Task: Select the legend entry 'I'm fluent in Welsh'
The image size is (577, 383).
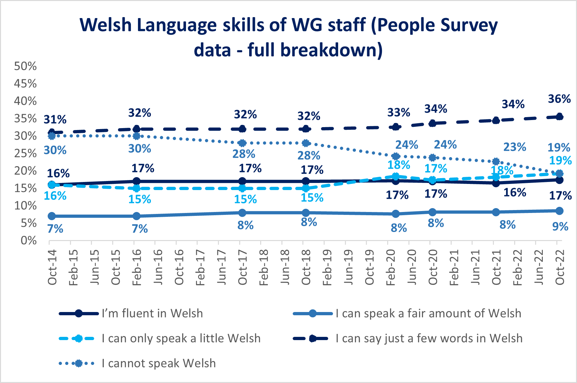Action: [152, 313]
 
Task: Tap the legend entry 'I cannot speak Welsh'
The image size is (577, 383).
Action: [159, 363]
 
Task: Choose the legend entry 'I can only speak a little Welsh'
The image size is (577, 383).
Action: [181, 338]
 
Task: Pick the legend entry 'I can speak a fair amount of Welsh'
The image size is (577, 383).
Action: [428, 313]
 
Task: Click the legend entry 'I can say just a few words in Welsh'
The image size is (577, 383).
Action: [429, 338]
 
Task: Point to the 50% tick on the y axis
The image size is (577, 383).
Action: [25, 66]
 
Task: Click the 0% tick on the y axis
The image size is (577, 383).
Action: [28, 240]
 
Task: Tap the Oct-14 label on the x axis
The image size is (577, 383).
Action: [52, 267]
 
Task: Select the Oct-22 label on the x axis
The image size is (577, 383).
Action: [560, 267]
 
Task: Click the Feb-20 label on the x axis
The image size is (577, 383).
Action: [391, 267]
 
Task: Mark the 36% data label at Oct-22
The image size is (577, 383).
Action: [559, 99]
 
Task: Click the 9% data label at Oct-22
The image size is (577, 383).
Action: [560, 227]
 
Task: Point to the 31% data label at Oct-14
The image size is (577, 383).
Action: [55, 120]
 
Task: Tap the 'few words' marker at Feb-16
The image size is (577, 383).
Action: [136, 129]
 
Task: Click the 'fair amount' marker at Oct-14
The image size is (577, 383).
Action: [52, 216]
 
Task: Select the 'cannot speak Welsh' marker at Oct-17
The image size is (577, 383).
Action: [242, 143]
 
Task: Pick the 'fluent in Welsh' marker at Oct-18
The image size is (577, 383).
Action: [306, 181]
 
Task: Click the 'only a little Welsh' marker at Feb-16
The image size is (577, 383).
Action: [136, 188]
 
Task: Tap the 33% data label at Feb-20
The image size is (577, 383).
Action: [399, 113]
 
